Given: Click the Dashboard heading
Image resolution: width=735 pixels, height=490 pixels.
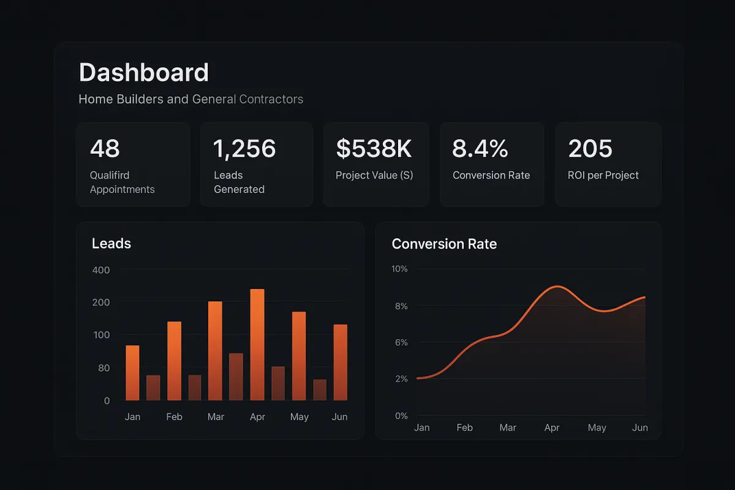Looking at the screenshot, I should click(x=144, y=73).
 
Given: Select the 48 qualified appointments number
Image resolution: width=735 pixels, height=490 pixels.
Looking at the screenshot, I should click(x=105, y=149).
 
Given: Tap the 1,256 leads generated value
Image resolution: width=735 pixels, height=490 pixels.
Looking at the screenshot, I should click(x=244, y=149).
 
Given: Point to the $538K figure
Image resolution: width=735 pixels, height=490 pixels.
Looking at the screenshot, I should click(x=374, y=149).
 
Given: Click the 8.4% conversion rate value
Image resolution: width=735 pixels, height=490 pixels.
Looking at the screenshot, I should click(x=480, y=149).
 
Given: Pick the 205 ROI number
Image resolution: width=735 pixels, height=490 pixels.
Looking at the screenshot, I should click(x=590, y=149).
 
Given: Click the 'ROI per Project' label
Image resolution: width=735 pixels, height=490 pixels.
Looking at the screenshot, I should click(x=603, y=175).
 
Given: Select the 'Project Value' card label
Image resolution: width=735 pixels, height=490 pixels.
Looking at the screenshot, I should click(x=374, y=175).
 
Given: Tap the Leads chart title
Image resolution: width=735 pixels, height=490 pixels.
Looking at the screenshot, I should click(x=111, y=244).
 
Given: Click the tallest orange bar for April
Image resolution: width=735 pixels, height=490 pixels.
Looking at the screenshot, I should click(x=257, y=344).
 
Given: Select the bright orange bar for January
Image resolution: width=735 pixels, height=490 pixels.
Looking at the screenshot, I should click(x=132, y=372).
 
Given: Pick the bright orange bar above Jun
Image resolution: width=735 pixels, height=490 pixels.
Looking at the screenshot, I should click(x=341, y=362).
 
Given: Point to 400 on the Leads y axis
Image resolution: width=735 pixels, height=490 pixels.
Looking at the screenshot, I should click(x=100, y=270).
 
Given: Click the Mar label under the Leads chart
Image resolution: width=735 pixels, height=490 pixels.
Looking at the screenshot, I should click(x=216, y=417).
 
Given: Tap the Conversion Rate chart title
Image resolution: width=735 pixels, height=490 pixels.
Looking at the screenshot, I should click(x=444, y=244).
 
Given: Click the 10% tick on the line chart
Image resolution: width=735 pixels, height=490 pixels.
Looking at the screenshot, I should click(x=399, y=269).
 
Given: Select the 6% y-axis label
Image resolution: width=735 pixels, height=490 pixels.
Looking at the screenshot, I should click(x=401, y=342).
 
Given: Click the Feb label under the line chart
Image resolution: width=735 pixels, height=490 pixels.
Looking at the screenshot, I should click(x=465, y=428).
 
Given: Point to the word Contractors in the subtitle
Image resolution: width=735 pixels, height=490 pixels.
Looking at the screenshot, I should click(x=271, y=99).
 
